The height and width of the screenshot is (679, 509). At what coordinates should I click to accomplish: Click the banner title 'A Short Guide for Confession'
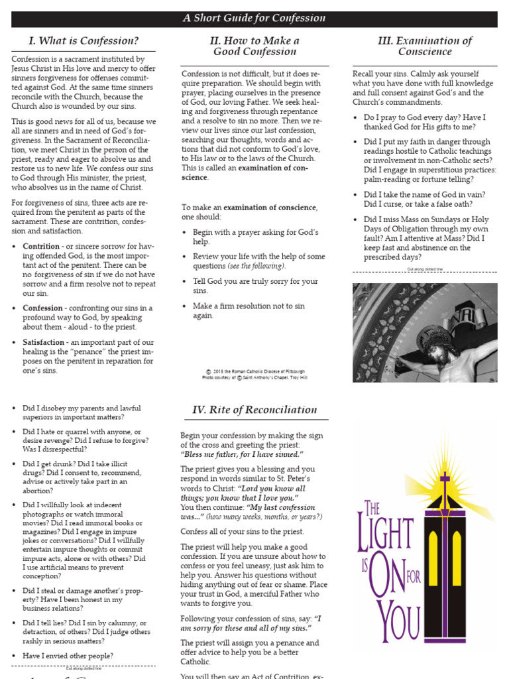click(254, 19)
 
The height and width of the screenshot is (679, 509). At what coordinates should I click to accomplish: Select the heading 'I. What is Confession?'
click(84, 41)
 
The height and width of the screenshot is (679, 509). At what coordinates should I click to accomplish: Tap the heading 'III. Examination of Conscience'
click(425, 46)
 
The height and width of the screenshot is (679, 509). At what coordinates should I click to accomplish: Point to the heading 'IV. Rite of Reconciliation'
click(254, 410)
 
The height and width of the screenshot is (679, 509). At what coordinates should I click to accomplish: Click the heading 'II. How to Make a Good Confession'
click(254, 46)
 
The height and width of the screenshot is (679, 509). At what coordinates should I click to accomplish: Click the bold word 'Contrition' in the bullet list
click(41, 247)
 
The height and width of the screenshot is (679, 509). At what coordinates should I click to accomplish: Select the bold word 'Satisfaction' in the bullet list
click(44, 342)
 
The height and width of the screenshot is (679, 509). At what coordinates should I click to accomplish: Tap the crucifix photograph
click(425, 332)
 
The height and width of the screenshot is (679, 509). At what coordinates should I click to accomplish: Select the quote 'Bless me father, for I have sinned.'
click(242, 454)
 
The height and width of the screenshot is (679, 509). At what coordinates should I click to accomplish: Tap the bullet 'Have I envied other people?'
click(68, 656)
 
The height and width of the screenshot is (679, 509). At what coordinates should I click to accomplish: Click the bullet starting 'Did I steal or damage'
click(82, 599)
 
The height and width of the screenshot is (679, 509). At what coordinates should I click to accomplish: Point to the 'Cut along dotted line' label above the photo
click(424, 270)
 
